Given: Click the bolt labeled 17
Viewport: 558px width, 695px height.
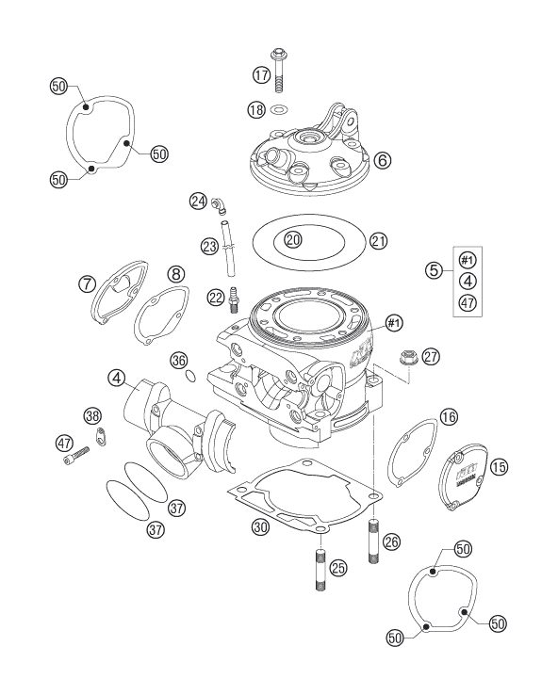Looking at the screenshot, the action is click(x=278, y=70).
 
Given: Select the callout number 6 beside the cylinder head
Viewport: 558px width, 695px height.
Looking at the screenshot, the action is click(x=383, y=159).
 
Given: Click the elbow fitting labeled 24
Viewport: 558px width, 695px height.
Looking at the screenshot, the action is click(x=218, y=204).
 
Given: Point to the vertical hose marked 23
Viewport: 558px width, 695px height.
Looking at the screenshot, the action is click(x=227, y=249).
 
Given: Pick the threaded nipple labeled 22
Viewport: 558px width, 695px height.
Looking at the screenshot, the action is click(x=234, y=299).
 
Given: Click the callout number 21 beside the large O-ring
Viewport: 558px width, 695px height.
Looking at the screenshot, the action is click(x=378, y=241).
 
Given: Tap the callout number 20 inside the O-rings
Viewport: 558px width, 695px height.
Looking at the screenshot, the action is click(x=293, y=240).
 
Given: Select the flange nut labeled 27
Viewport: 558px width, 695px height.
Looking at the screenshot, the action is click(x=406, y=357).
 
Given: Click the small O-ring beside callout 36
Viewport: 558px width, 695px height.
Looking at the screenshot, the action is click(x=190, y=376).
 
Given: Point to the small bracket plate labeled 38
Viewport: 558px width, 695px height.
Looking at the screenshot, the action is click(x=101, y=435).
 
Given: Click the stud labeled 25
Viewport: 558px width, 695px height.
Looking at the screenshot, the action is click(x=320, y=569).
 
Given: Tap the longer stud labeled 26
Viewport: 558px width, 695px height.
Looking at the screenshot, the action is click(x=373, y=540).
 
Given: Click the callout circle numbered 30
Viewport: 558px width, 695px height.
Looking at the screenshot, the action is click(x=260, y=526).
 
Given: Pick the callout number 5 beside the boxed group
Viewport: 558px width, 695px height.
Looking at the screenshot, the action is click(x=434, y=270).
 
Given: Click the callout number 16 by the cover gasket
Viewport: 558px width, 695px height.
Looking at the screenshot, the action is click(x=449, y=416).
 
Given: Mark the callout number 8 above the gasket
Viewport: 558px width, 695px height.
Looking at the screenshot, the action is click(x=176, y=274).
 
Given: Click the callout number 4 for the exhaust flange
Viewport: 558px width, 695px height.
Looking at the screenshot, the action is click(x=116, y=378).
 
